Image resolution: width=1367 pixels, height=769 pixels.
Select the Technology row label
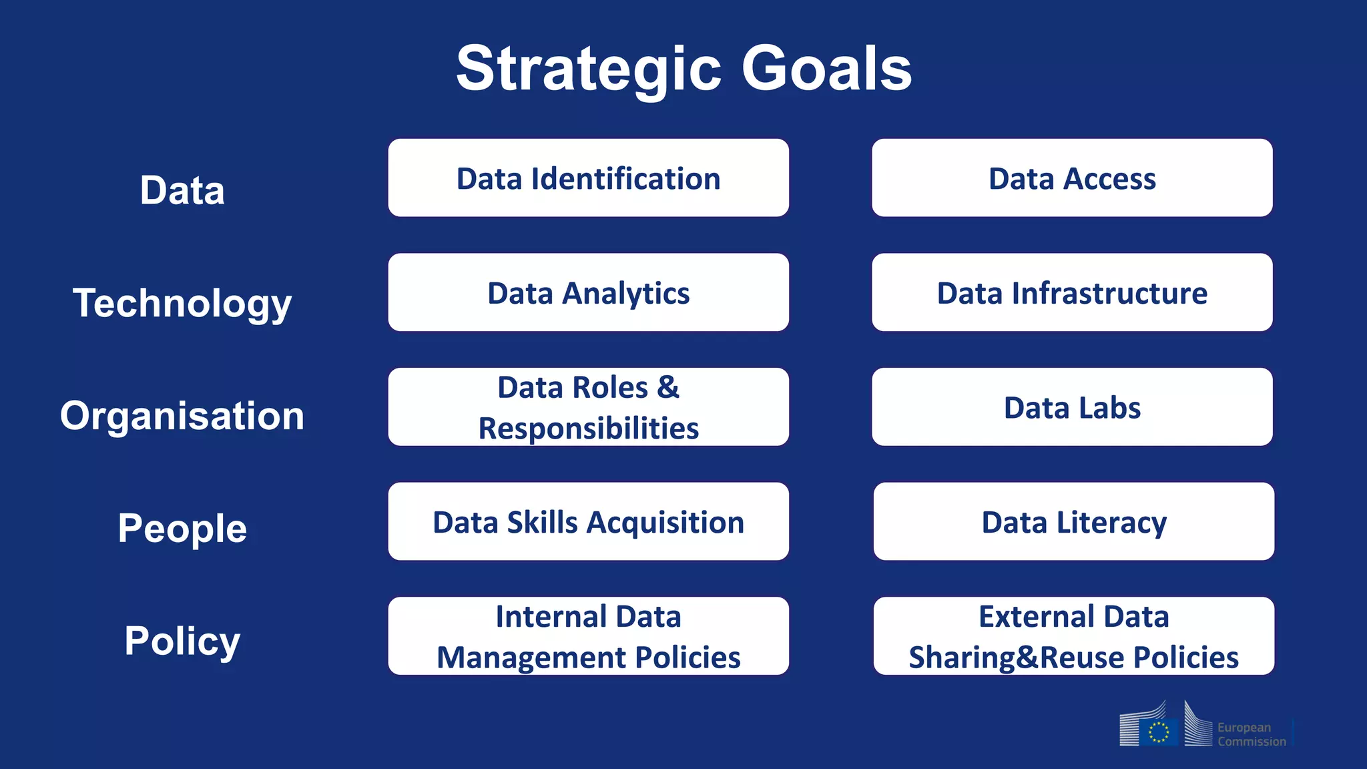tap(182, 303)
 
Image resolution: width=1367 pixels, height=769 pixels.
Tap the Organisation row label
tap(182, 416)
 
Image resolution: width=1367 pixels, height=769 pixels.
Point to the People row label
tap(182, 528)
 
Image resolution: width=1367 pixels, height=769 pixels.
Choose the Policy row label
tap(182, 641)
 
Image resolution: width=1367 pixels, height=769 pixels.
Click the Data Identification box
tap(588, 178)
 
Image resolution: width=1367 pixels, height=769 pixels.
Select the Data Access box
tap(1072, 178)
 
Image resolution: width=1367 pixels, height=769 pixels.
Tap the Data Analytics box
tap(588, 293)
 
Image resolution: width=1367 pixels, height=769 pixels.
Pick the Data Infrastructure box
tap(1072, 293)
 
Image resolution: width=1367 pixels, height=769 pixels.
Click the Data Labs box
tap(1072, 407)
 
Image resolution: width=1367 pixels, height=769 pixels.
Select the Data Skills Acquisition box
tap(588, 522)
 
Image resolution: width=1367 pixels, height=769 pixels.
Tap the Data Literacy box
tap(1073, 522)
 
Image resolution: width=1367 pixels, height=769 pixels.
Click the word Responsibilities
tap(588, 429)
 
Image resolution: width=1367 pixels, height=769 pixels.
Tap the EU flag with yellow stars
tap(1159, 732)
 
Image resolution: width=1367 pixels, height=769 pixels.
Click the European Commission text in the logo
tap(1251, 734)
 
